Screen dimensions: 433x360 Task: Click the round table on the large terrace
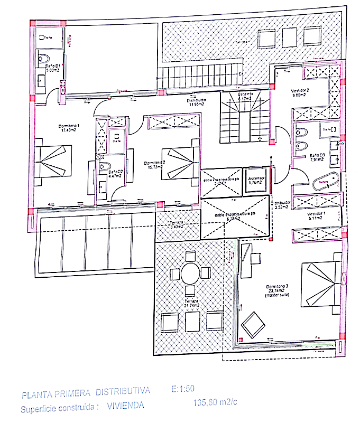(190, 274)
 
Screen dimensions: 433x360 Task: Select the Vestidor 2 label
(300, 93)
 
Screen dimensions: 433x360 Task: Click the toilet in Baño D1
(45, 58)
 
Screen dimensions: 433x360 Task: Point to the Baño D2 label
(115, 174)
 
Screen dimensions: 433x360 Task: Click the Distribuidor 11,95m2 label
(196, 102)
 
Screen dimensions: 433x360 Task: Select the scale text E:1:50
(183, 389)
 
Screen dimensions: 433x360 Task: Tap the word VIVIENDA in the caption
(125, 407)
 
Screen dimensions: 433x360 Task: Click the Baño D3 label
(317, 157)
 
